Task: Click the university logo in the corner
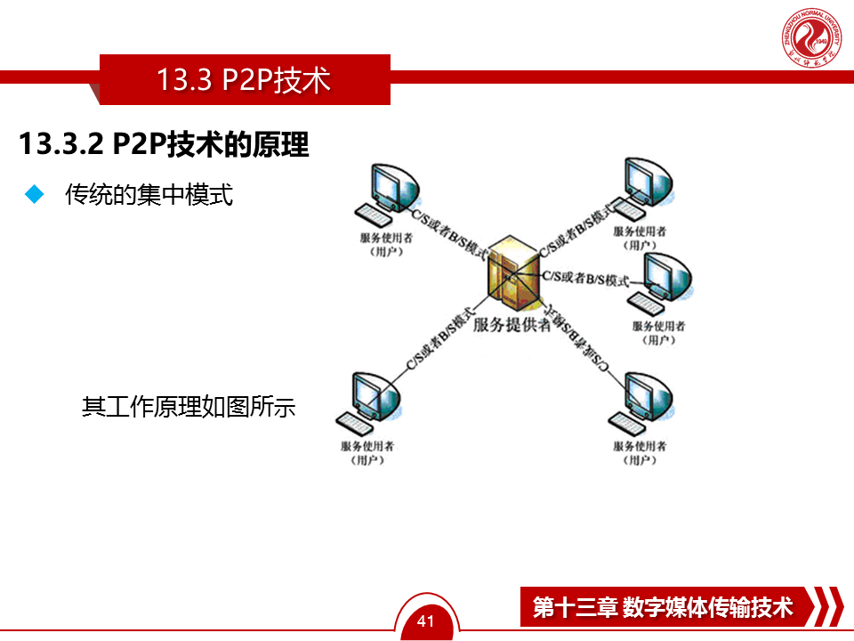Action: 811,40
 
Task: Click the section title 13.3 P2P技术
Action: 244,80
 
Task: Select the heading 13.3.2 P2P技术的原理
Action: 165,144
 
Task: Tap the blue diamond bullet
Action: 35,195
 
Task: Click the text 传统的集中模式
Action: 149,195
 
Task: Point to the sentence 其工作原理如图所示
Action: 189,408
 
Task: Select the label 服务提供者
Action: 512,325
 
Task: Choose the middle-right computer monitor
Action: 667,276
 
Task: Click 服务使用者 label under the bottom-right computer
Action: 640,446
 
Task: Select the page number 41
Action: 426,621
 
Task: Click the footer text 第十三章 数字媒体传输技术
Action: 663,607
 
